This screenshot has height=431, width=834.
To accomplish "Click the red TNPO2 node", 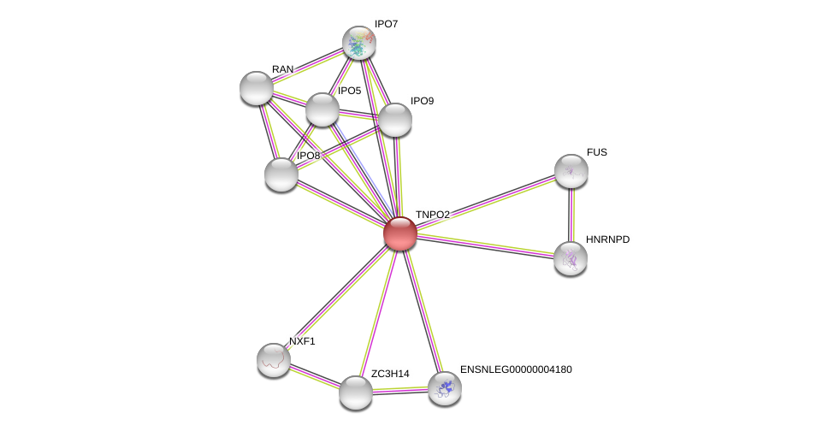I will [x=399, y=233].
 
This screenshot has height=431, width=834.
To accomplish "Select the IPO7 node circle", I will [x=359, y=43].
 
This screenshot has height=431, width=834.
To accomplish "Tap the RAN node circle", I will [x=256, y=87].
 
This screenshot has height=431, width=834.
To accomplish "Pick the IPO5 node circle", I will [x=322, y=109].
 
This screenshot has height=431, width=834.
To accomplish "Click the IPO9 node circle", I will [x=394, y=120].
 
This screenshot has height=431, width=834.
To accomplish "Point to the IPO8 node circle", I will [x=281, y=174].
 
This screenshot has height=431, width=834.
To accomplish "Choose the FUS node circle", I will [x=571, y=171].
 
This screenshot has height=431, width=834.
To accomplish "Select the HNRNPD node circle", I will [x=570, y=257].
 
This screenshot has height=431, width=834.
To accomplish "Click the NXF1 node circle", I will [x=274, y=360].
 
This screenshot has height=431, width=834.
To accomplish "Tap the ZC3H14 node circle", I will [x=356, y=393].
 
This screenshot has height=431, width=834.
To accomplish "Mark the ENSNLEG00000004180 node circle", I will [x=444, y=388].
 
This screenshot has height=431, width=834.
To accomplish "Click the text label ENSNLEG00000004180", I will [x=516, y=369].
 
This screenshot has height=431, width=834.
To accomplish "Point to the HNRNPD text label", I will [x=607, y=239].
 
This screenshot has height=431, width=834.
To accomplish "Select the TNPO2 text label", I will [x=432, y=215].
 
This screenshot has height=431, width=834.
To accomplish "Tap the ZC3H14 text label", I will [x=389, y=374].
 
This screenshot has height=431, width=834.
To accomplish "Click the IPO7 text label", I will [x=386, y=24].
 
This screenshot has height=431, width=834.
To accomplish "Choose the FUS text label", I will [x=596, y=152].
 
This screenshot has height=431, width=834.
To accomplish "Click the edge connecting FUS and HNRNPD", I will [x=571, y=214].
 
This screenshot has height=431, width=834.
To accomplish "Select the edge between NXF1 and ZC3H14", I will [x=314, y=376].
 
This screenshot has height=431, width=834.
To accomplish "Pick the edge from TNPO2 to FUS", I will [x=485, y=202].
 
